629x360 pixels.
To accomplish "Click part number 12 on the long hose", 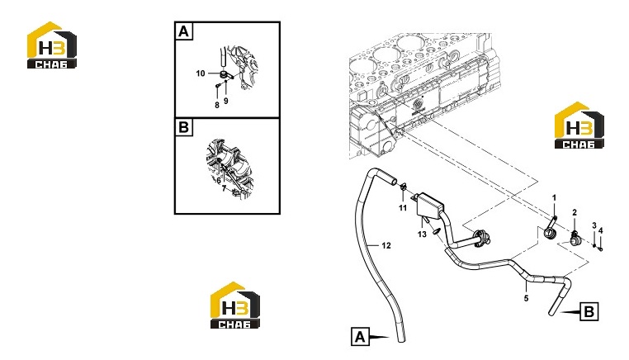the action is pyautogui.click(x=386, y=245).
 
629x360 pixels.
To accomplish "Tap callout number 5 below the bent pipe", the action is pyautogui.click(x=527, y=298).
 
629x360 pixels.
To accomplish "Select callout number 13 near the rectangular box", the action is pyautogui.click(x=422, y=234).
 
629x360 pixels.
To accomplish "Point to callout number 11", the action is pyautogui.click(x=403, y=207).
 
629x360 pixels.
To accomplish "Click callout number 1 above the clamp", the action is pyautogui.click(x=555, y=198).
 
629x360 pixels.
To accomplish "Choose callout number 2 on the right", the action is pyautogui.click(x=575, y=213).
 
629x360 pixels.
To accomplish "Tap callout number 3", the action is pyautogui.click(x=594, y=226).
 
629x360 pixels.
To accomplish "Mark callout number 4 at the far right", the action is pyautogui.click(x=600, y=230).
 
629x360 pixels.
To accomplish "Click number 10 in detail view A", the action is pyautogui.click(x=201, y=73).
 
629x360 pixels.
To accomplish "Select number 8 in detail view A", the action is pyautogui.click(x=217, y=105).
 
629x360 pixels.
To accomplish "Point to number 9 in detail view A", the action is pyautogui.click(x=226, y=101).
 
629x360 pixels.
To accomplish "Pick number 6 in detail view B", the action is pyautogui.click(x=219, y=181).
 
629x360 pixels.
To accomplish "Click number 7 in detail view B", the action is pyautogui.click(x=225, y=187).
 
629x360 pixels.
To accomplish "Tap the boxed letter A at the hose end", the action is pyautogui.click(x=360, y=337).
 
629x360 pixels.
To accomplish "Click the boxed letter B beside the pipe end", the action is pyautogui.click(x=589, y=311).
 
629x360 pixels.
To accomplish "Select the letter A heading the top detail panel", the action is pyautogui.click(x=184, y=31).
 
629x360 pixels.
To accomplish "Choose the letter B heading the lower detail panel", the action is pyautogui.click(x=184, y=127).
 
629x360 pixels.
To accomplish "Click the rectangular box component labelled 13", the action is pyautogui.click(x=430, y=206).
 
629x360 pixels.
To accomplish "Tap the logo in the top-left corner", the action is pyautogui.click(x=52, y=45).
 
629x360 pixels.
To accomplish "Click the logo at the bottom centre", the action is pyautogui.click(x=235, y=306).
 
